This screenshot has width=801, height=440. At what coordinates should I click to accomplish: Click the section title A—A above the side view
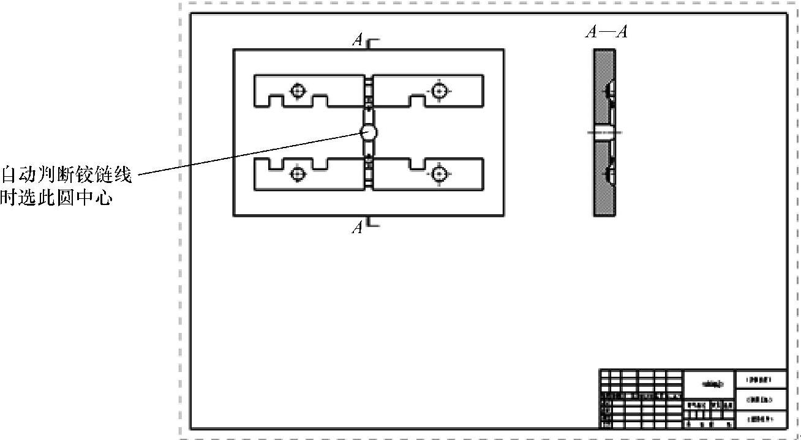(606, 32)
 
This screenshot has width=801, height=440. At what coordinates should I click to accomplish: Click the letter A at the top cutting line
(358, 40)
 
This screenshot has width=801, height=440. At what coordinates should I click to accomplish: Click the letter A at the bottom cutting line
(358, 228)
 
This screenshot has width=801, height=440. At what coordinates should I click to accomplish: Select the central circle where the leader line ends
(369, 132)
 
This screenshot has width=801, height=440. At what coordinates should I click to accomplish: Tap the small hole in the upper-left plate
(298, 91)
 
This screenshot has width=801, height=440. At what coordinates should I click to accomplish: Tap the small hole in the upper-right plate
(438, 91)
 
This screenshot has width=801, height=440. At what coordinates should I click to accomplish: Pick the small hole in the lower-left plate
(298, 174)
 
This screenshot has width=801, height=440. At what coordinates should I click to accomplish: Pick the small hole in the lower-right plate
(438, 174)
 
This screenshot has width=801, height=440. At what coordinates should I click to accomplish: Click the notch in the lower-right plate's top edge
(419, 164)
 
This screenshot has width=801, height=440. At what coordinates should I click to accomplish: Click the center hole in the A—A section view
(604, 132)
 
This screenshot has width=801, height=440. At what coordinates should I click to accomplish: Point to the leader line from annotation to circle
(245, 154)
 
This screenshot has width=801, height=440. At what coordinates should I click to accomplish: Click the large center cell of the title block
(709, 384)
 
